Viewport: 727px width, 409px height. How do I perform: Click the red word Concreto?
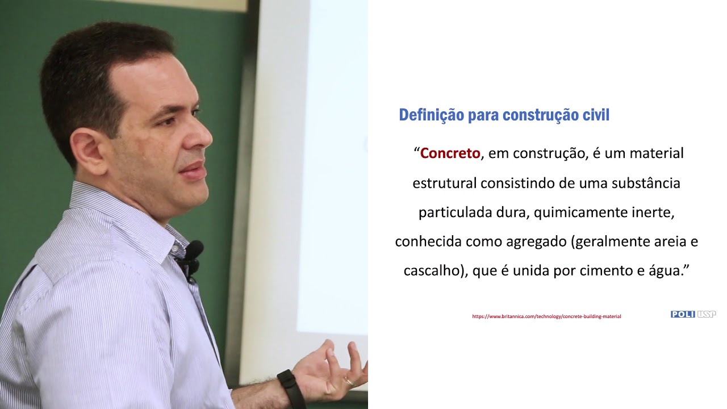[450, 153]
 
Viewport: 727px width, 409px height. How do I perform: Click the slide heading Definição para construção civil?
[504, 115]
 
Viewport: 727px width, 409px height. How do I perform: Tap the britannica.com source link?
[546, 316]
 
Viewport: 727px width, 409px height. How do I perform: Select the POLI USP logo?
[693, 314]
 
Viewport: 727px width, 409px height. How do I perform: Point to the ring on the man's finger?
[348, 382]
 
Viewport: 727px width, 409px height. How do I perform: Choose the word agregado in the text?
[537, 242]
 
